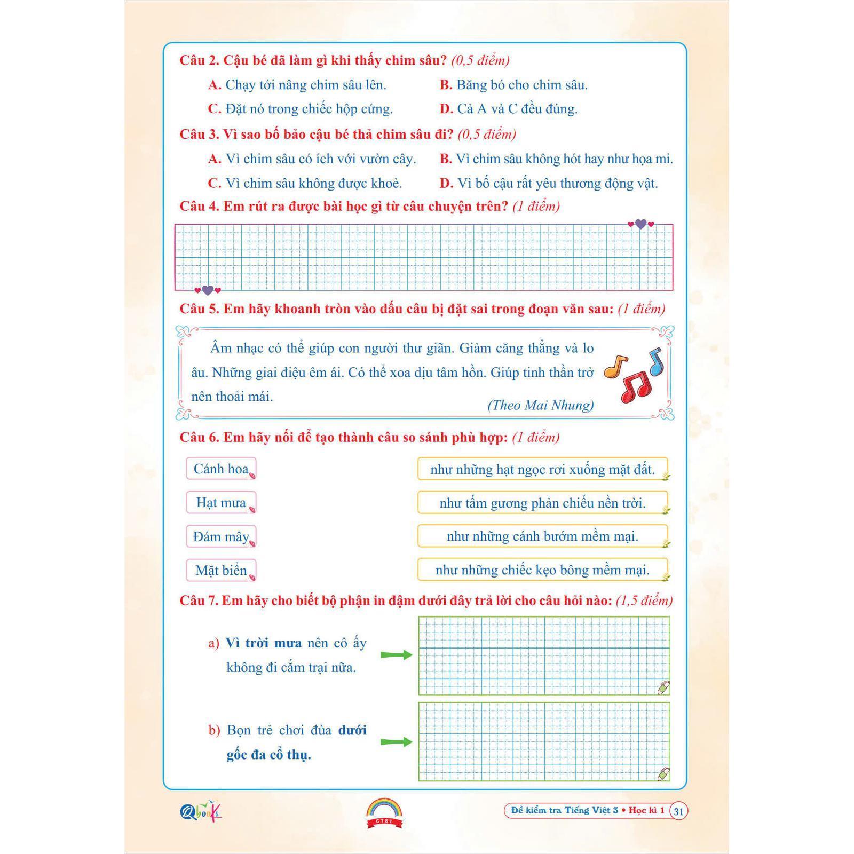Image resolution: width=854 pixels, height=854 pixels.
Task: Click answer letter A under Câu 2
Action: tap(215, 85)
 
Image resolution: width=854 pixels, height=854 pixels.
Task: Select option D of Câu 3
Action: tap(446, 184)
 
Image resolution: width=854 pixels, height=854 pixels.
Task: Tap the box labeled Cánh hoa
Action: tap(221, 469)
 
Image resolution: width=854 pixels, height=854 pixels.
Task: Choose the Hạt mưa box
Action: tap(221, 502)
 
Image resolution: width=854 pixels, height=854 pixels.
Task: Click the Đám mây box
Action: tap(221, 536)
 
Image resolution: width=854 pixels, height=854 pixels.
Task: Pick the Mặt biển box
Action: tap(221, 570)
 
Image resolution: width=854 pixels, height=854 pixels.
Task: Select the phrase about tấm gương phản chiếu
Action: tap(542, 503)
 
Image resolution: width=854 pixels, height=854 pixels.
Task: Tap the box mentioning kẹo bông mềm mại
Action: tap(542, 570)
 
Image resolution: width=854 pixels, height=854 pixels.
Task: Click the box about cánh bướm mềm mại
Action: tap(542, 536)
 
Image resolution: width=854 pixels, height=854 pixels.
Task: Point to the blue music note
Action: tap(655, 361)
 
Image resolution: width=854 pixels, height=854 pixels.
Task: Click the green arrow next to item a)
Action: tap(396, 655)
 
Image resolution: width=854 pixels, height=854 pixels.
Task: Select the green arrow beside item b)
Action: tap(396, 741)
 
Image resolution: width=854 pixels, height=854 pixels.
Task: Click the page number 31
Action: tap(678, 811)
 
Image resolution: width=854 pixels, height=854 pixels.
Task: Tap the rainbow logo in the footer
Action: tap(384, 812)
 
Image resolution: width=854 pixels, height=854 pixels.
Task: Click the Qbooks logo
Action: tap(201, 811)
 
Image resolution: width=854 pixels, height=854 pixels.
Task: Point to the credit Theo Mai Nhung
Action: tap(540, 405)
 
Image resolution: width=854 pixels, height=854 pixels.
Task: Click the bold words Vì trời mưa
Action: tap(263, 643)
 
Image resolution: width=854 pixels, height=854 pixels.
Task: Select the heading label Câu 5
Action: tap(199, 309)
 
